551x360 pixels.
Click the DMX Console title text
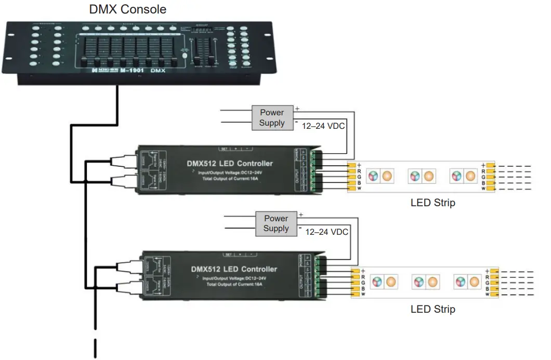128,9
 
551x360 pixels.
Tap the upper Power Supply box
272,117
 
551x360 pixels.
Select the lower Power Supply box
276,223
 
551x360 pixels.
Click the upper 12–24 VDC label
324,126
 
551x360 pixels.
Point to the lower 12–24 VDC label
327,232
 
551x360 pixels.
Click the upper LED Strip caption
432,203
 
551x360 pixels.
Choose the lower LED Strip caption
432,309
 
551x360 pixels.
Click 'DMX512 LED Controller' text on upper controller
229,164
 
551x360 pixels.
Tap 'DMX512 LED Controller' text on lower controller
234,269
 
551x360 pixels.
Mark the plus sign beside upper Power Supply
297,109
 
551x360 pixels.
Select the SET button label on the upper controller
225,148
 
